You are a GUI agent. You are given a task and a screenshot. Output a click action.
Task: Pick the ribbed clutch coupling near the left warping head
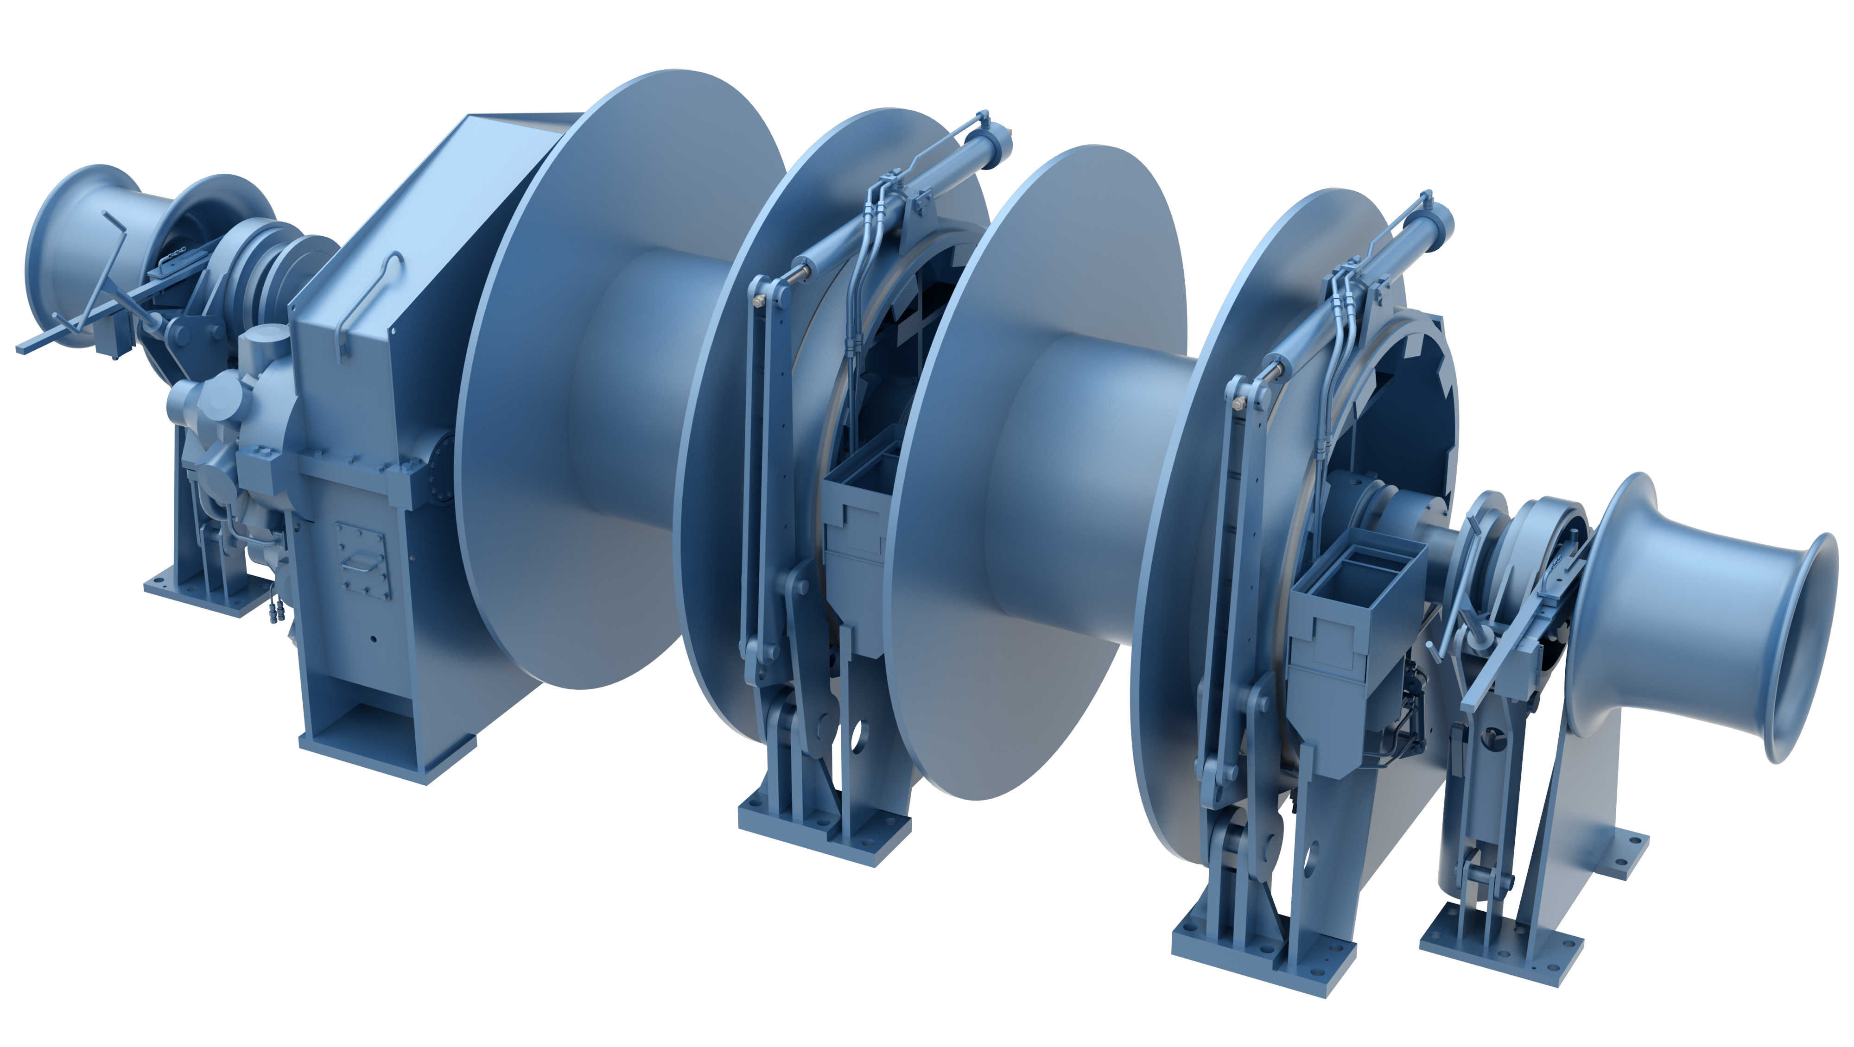click(x=267, y=266)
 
